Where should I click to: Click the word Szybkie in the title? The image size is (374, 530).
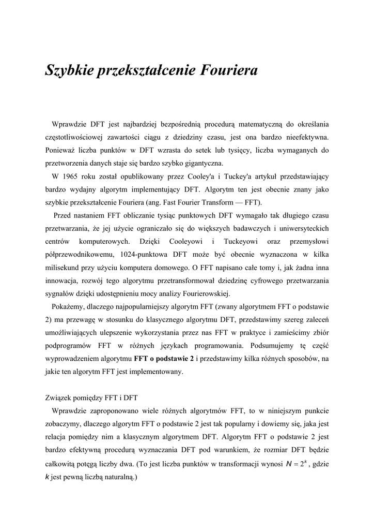[x=69, y=70]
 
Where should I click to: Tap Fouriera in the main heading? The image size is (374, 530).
[x=228, y=70]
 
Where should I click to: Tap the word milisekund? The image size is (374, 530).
[x=63, y=268]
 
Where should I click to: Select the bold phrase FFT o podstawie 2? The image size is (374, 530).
[x=164, y=358]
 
